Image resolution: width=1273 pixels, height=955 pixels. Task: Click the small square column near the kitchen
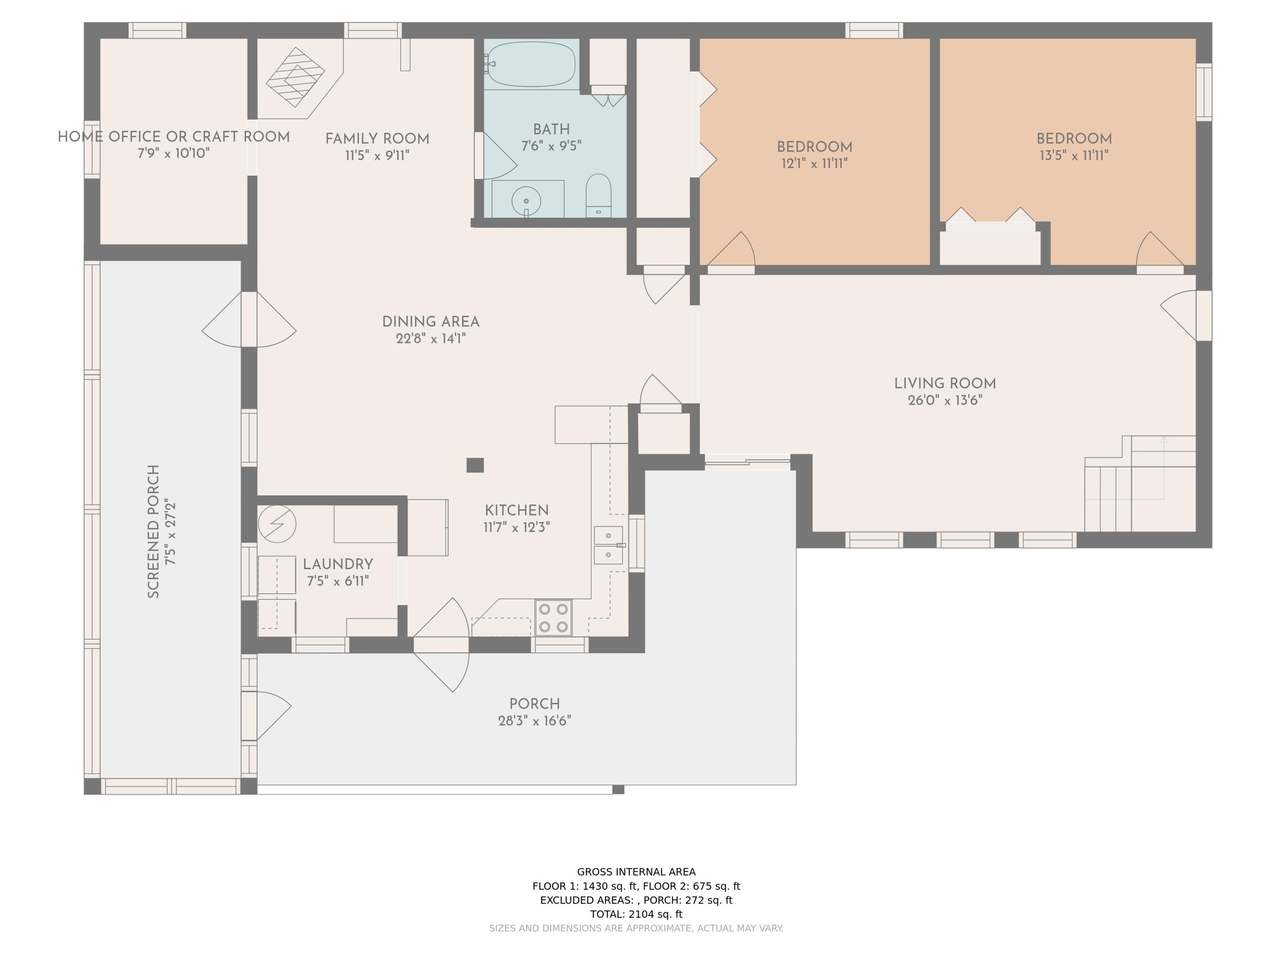coord(475,464)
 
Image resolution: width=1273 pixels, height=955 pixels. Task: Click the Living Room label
coord(945,383)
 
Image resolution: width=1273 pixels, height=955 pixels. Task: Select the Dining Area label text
coord(430,322)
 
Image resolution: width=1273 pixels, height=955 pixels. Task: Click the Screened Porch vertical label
coord(153,531)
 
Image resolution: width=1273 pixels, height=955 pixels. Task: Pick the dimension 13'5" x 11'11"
coord(1074,155)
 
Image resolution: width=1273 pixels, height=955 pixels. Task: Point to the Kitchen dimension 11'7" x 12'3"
coord(517,527)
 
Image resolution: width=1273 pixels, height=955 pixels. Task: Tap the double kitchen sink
coord(608,545)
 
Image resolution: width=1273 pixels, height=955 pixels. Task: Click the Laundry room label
coord(338,564)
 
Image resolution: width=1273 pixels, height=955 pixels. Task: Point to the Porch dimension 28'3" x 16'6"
coord(535,721)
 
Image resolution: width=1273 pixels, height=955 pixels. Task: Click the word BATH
coord(551,129)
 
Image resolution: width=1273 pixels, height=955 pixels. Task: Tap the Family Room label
coord(377,139)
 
